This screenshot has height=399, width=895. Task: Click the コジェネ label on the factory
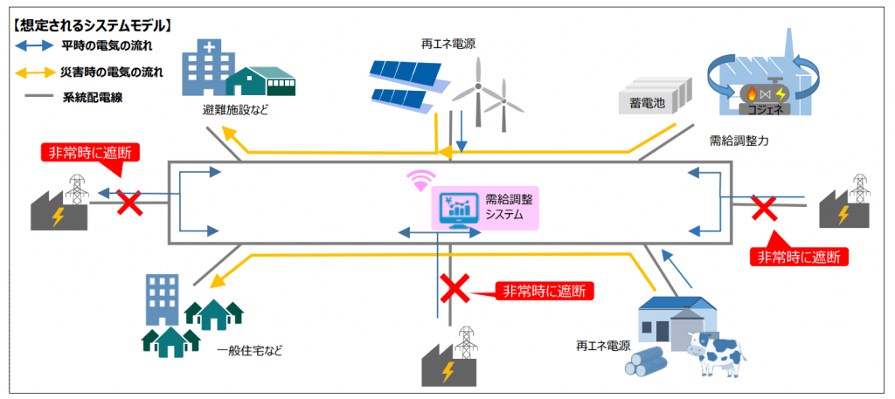point(760,111)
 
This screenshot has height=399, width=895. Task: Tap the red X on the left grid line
point(128,204)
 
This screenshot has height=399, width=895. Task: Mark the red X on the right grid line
point(764,208)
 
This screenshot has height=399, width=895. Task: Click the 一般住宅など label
point(250,351)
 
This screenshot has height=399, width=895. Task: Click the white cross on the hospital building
point(204,49)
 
